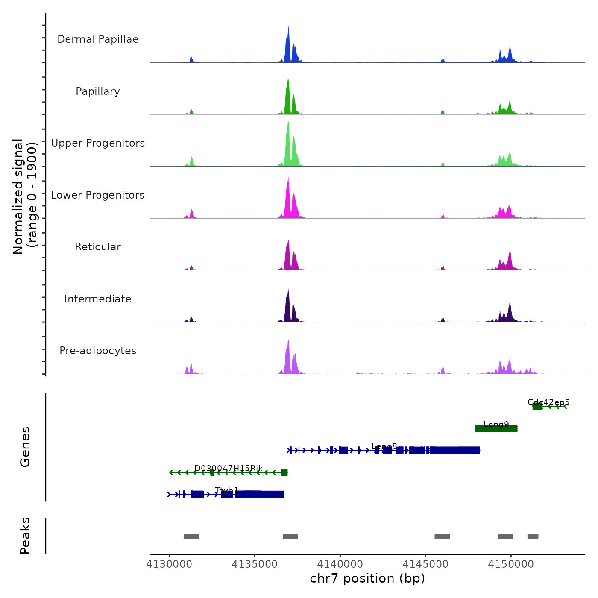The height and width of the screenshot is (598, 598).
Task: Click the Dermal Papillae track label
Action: pyautogui.click(x=98, y=39)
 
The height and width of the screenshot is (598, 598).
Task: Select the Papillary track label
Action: pyautogui.click(x=98, y=91)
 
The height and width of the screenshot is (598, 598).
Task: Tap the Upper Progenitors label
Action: pyautogui.click(x=98, y=143)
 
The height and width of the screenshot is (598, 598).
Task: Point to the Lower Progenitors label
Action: pyautogui.click(x=98, y=195)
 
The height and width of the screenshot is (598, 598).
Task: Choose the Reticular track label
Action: pyautogui.click(x=98, y=247)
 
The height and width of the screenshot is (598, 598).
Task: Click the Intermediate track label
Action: pyautogui.click(x=98, y=299)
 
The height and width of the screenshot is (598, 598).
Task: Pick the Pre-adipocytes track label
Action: pyautogui.click(x=98, y=351)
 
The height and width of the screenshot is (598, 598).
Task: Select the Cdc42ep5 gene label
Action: pyautogui.click(x=548, y=402)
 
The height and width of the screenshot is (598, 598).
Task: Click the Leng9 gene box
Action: pyautogui.click(x=496, y=428)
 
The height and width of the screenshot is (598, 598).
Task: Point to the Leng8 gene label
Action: pyautogui.click(x=384, y=446)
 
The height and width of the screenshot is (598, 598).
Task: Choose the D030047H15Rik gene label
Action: pyautogui.click(x=229, y=468)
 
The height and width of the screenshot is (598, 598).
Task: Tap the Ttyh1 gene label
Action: pyautogui.click(x=226, y=490)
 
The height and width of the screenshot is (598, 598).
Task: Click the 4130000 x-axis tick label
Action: pyautogui.click(x=169, y=564)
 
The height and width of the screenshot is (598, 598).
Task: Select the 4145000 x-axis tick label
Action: pyautogui.click(x=425, y=564)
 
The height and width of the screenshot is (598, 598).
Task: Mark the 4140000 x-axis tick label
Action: pyautogui.click(x=340, y=564)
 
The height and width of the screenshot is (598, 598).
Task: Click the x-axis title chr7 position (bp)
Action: pyautogui.click(x=367, y=578)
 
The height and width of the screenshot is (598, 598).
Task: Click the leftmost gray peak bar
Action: pyautogui.click(x=191, y=536)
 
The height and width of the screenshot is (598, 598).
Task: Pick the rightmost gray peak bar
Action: pyautogui.click(x=533, y=536)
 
